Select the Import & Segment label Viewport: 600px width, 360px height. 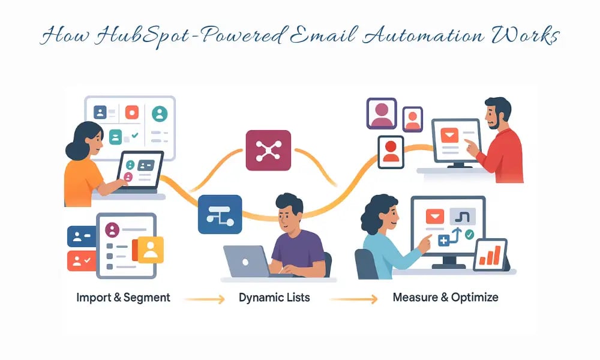click(x=123, y=298)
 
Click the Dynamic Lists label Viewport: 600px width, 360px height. click(x=274, y=298)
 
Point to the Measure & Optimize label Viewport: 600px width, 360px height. click(x=445, y=298)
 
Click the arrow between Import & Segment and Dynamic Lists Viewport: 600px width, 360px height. click(x=205, y=298)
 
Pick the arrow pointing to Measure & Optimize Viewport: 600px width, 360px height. click(x=354, y=298)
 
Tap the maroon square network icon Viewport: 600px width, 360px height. click(x=268, y=151)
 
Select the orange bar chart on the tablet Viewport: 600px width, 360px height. click(x=491, y=256)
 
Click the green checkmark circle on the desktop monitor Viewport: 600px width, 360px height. click(x=469, y=234)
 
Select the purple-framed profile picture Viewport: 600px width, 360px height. click(x=382, y=114)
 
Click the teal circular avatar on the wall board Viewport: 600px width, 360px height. click(x=160, y=113)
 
